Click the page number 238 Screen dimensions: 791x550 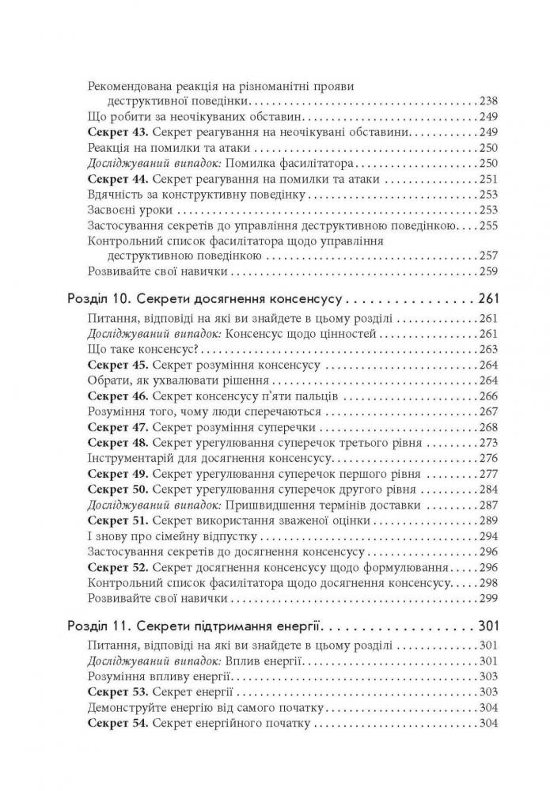click(489, 101)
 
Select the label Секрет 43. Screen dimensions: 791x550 click(116, 131)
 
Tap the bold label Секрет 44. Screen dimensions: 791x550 click(116, 179)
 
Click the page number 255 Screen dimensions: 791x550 click(489, 225)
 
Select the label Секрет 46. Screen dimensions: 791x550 click(116, 396)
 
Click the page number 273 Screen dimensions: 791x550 click(489, 443)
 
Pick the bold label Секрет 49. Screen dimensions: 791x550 click(116, 475)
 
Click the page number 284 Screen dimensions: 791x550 click(489, 490)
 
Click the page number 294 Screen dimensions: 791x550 click(489, 536)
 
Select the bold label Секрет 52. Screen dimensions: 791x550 click(116, 567)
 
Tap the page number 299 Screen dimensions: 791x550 click(489, 598)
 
